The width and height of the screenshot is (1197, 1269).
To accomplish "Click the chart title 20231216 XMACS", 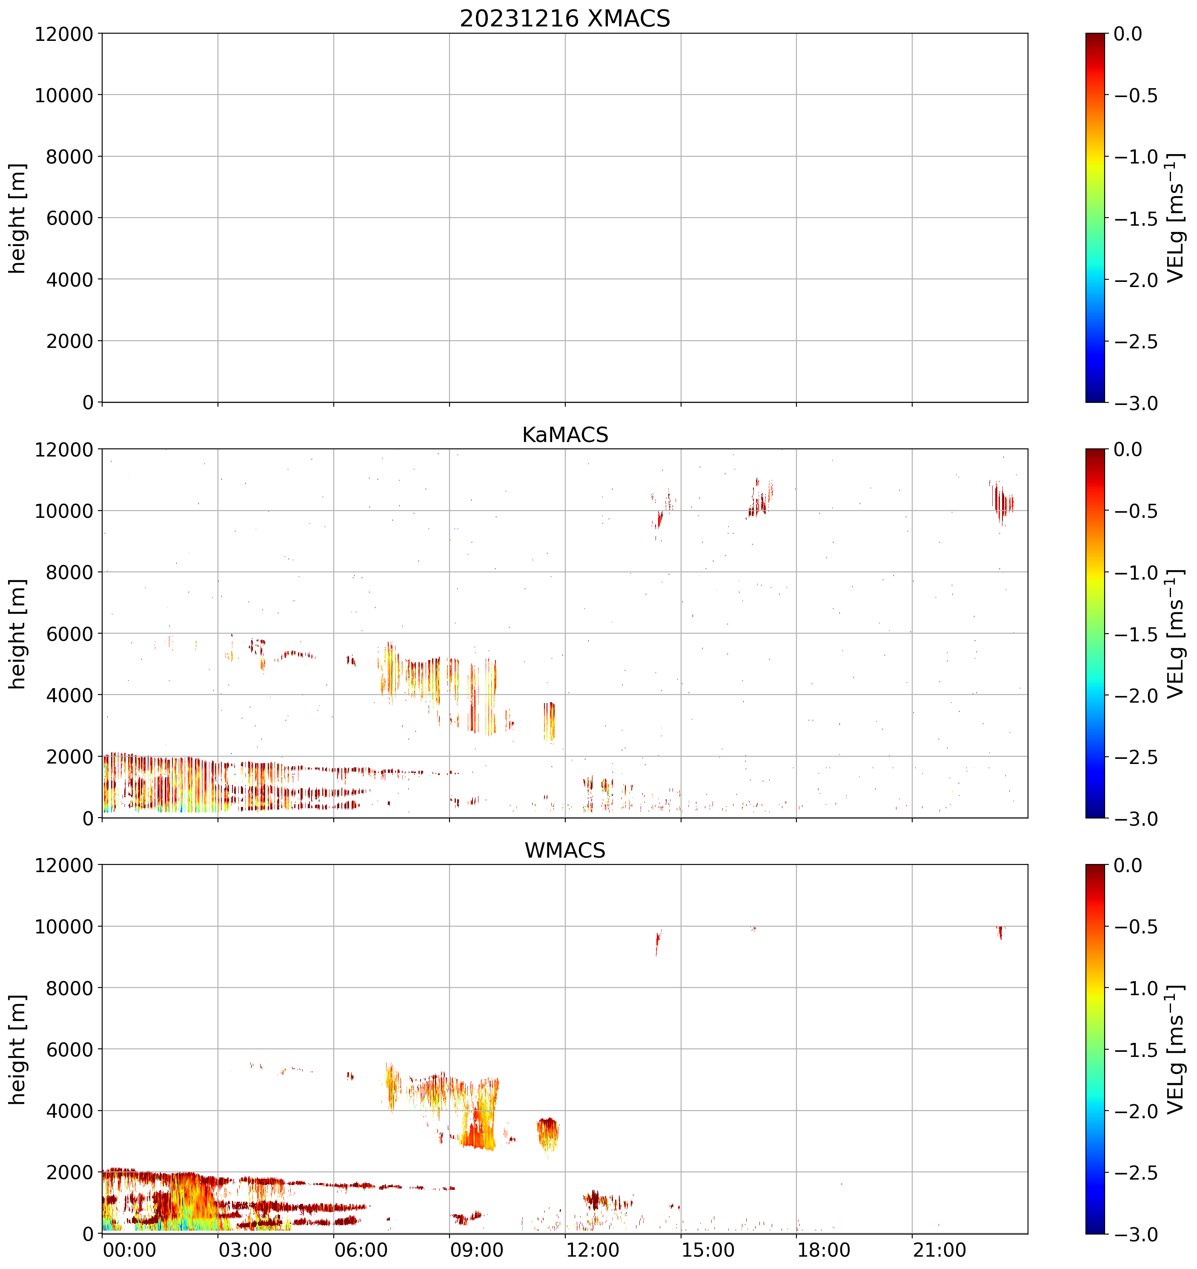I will click(x=565, y=18).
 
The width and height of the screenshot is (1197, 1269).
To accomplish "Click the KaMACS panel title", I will click(x=565, y=435).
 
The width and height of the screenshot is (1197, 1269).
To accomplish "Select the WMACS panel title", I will click(x=565, y=850).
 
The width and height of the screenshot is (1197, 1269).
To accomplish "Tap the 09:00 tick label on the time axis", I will click(x=477, y=1250).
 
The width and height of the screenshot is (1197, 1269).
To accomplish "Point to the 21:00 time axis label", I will click(x=939, y=1250).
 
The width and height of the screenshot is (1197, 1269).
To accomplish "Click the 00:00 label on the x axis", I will click(x=129, y=1250).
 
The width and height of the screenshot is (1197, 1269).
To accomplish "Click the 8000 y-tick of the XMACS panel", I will click(x=69, y=156).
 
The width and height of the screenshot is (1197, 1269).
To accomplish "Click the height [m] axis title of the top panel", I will click(x=18, y=218).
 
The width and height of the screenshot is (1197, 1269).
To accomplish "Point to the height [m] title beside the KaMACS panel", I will click(x=18, y=634).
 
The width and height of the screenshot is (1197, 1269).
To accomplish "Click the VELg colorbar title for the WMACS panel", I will click(x=1175, y=1049).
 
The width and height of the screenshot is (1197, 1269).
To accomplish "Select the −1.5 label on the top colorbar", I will click(x=1136, y=218).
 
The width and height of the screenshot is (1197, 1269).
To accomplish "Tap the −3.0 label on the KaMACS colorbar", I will click(x=1136, y=818).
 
